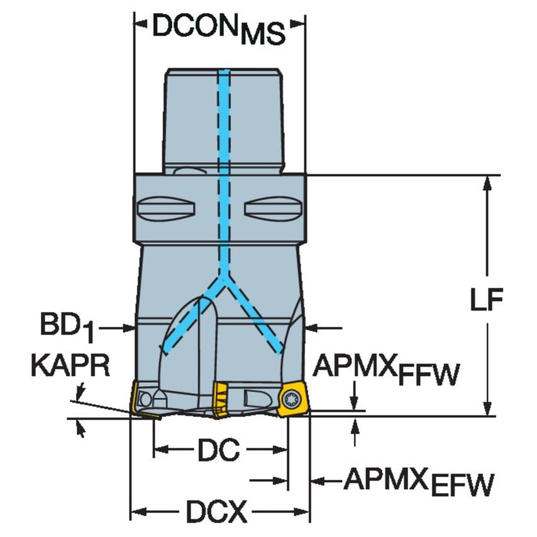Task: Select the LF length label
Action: (486, 301)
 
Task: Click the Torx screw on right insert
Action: (291, 399)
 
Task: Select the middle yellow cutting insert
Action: (221, 399)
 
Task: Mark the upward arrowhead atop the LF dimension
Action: (486, 182)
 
